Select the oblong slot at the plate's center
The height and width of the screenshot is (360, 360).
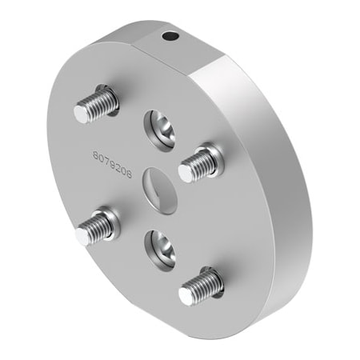(x=159, y=188)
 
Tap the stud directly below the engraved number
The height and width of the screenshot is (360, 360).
(x=96, y=227)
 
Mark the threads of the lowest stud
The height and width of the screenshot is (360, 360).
(x=205, y=283)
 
